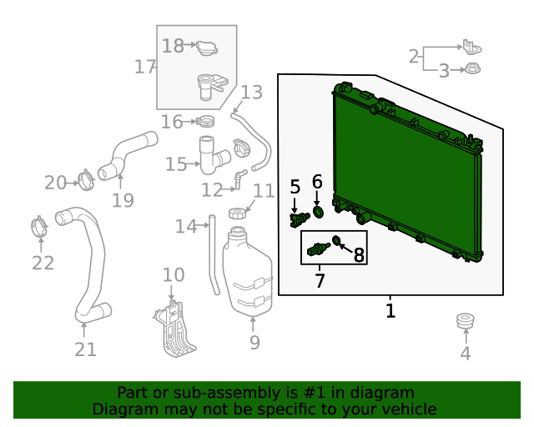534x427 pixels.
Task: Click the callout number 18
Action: pyautogui.click(x=173, y=46)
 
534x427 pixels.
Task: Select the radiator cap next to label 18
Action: pyautogui.click(x=207, y=48)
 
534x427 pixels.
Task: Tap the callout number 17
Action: pyautogui.click(x=145, y=67)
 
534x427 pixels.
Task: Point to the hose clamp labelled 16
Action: pyautogui.click(x=205, y=121)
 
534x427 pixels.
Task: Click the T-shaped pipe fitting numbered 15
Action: pyautogui.click(x=213, y=155)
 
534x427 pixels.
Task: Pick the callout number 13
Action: pyautogui.click(x=252, y=93)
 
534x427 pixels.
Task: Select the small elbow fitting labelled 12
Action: pyautogui.click(x=239, y=178)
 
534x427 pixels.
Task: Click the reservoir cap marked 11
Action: pyautogui.click(x=238, y=213)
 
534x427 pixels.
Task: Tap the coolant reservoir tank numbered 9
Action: pyautogui.click(x=248, y=270)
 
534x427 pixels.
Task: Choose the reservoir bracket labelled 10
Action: pyautogui.click(x=174, y=329)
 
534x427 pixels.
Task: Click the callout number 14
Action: pyautogui.click(x=185, y=227)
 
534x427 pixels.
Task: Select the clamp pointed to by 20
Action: pyautogui.click(x=86, y=180)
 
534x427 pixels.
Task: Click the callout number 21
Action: pyautogui.click(x=85, y=349)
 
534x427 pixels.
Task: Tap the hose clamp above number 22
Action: pyautogui.click(x=39, y=226)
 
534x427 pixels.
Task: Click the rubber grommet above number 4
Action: pyautogui.click(x=466, y=321)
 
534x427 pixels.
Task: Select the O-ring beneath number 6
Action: pyautogui.click(x=318, y=212)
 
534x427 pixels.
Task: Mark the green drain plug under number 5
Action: pyautogui.click(x=300, y=219)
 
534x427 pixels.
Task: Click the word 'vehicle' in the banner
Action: pyautogui.click(x=413, y=409)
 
